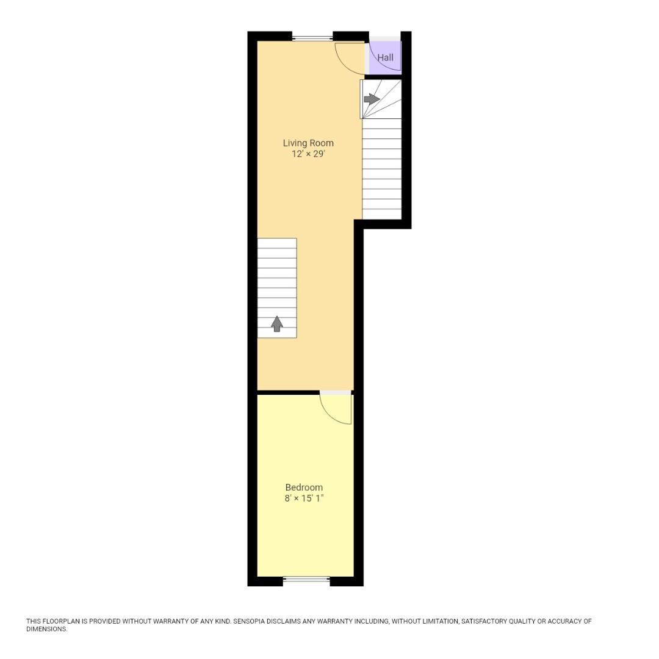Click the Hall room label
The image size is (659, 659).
click(x=385, y=58)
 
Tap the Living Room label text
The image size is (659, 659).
click(x=308, y=143)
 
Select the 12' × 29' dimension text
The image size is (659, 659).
click(x=308, y=154)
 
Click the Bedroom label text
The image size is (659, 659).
click(x=304, y=488)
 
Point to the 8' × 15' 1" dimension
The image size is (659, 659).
click(x=304, y=499)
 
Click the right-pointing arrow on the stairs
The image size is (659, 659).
click(x=371, y=99)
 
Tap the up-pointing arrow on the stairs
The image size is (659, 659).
click(x=277, y=324)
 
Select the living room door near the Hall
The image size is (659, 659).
click(x=349, y=59)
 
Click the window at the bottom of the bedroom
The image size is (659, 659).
click(x=306, y=580)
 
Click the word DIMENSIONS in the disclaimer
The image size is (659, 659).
click(x=46, y=629)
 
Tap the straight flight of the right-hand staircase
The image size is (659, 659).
click(x=382, y=168)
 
